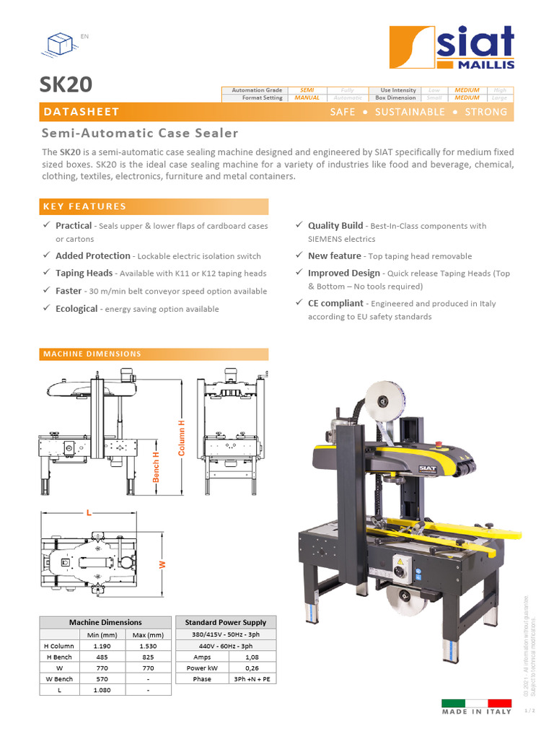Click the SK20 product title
click(66, 84)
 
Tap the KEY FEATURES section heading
click(84, 206)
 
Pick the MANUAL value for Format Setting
click(307, 97)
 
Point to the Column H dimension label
click(182, 437)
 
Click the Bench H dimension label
click(156, 466)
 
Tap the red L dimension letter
click(89, 512)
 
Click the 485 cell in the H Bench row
click(102, 657)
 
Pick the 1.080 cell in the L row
click(102, 690)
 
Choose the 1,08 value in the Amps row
click(252, 657)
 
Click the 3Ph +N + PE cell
click(252, 679)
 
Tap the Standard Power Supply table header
click(226, 622)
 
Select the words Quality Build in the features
click(335, 226)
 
